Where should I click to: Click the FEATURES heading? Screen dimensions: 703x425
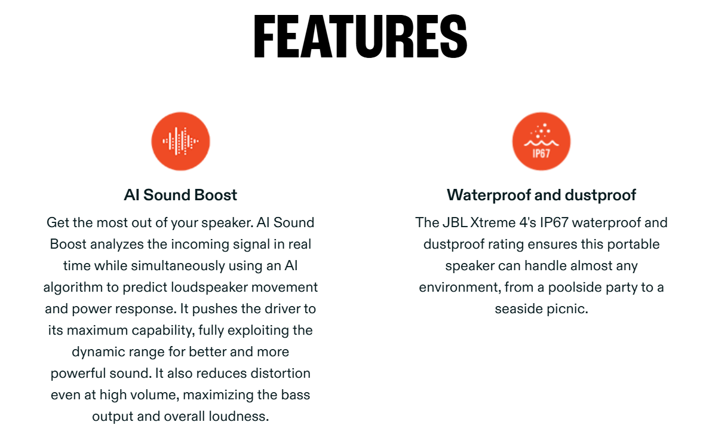pyautogui.click(x=361, y=36)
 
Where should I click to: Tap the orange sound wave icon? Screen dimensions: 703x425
pyautogui.click(x=180, y=141)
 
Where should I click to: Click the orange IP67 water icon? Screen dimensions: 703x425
pyautogui.click(x=541, y=141)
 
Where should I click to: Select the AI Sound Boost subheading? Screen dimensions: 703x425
pyautogui.click(x=180, y=195)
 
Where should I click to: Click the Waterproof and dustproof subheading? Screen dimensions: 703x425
pyautogui.click(x=541, y=195)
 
